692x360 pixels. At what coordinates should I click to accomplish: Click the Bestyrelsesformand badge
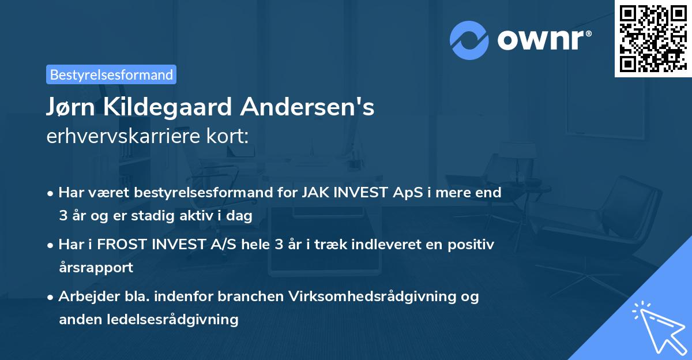pos(111,74)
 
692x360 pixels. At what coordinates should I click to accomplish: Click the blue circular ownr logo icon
pos(469,40)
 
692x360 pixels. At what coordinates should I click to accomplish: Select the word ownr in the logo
pos(544,40)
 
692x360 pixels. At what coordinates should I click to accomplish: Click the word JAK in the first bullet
pos(314,192)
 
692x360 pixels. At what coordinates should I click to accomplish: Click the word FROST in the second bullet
pos(123,244)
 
